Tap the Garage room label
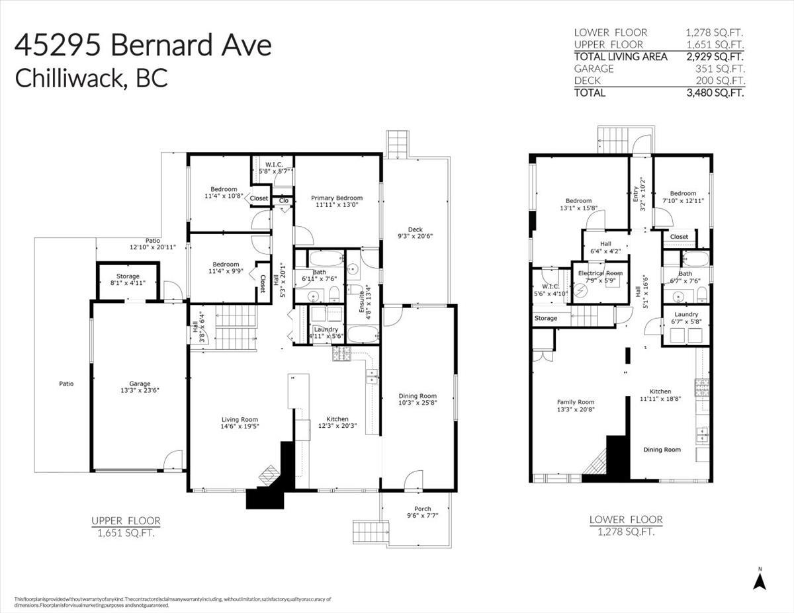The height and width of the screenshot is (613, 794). point(140,384)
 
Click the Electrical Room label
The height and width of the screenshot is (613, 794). point(600,273)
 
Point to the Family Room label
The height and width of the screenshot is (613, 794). point(575,402)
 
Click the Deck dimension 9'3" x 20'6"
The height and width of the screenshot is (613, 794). point(415,236)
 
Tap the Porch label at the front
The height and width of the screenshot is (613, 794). point(418,509)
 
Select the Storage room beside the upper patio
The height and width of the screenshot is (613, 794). point(128,276)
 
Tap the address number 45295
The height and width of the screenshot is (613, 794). point(58,46)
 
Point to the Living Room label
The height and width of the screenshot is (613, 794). point(240,419)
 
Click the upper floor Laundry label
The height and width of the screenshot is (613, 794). point(326,329)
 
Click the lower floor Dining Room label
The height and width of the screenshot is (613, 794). point(662,450)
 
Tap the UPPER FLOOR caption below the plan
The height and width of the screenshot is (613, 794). point(126,521)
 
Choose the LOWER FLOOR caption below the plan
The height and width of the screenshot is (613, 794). point(625,520)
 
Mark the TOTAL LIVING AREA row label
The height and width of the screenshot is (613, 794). point(616,56)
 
